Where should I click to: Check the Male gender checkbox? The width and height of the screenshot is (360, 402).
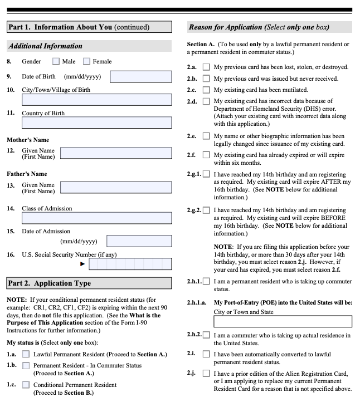coord(56,61)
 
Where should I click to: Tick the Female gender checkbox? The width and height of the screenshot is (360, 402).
coord(86,61)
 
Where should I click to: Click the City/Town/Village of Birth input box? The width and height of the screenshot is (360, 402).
coord(96,100)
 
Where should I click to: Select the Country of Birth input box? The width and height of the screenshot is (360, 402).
coord(96,123)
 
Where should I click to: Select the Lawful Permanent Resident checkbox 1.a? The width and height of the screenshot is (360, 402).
coord(26,354)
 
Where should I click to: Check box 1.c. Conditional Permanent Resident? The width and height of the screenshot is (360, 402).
coord(26,385)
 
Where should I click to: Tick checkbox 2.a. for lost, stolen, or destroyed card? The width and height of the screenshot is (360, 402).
coord(206,67)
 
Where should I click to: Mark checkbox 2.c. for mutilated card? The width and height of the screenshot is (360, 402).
coord(206,90)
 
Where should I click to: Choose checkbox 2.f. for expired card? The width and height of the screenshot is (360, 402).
coord(206,155)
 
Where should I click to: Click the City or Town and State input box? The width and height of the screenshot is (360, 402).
coord(283,321)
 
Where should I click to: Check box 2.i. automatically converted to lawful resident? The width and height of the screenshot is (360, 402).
coord(206,354)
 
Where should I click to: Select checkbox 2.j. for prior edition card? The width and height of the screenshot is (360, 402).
coord(206,373)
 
